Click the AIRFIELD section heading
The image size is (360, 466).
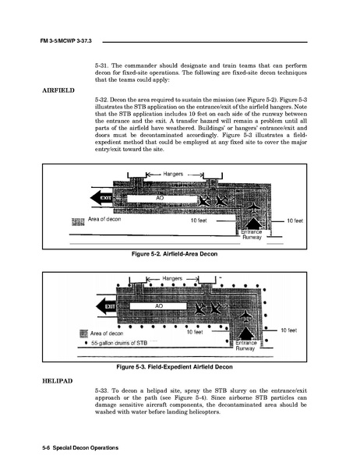58,90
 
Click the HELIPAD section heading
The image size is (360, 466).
58,381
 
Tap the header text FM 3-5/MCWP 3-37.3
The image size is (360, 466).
65,41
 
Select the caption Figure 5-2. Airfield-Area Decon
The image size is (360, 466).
175,254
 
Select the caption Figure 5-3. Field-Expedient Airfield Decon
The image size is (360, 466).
175,367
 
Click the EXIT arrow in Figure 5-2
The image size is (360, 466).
101,198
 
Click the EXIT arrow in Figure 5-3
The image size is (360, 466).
106,306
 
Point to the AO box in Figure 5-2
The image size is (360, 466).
162,199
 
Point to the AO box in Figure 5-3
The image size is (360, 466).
158,306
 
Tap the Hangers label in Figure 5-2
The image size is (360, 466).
173,174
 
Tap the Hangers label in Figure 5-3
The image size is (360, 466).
172,278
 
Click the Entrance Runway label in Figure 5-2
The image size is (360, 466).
252,235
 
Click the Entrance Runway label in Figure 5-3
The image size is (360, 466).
245,346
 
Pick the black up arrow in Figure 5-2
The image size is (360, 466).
252,223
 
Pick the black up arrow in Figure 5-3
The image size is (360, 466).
245,334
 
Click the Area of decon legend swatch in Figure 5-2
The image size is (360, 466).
78,222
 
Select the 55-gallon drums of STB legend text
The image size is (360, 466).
119,343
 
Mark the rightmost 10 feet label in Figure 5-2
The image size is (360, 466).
295,221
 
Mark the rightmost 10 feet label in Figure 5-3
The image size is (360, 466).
288,330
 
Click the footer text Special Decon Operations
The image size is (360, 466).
86,448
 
